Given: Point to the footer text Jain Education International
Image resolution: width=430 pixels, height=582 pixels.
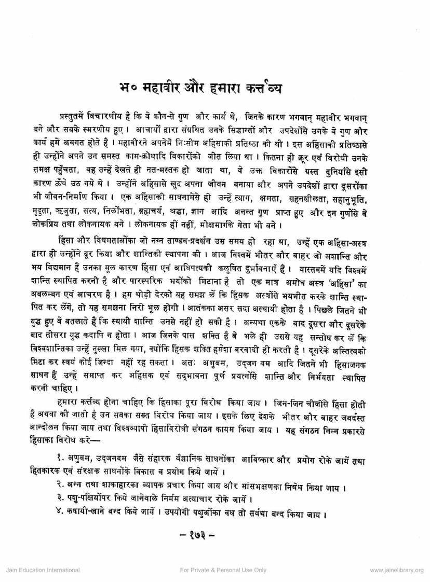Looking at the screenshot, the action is (x=35, y=570).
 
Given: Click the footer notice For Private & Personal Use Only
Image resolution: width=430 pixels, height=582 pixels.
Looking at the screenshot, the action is (x=223, y=570).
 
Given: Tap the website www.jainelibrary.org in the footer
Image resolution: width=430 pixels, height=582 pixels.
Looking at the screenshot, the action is (x=396, y=570).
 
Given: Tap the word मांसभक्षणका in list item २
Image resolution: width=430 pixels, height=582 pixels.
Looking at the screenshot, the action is (x=262, y=487).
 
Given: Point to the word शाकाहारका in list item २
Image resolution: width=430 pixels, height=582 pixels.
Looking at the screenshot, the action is (x=120, y=487).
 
